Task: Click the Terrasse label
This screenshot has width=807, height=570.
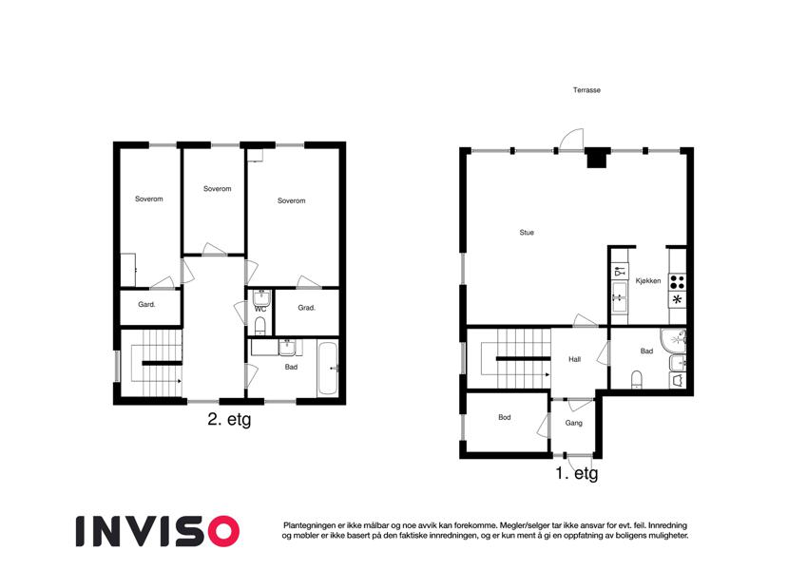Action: point(586,90)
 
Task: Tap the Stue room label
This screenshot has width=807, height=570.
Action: point(527,233)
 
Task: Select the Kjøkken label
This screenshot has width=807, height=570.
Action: point(648,281)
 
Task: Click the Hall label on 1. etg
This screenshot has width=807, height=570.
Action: point(575,359)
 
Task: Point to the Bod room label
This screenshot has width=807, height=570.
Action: point(505,417)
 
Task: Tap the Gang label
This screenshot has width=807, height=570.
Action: point(574,423)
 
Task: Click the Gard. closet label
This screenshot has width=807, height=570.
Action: point(146,305)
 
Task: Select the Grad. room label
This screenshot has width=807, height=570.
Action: point(307,308)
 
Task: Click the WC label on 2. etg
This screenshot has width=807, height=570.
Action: point(260,309)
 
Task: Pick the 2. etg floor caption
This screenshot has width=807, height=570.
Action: point(229,419)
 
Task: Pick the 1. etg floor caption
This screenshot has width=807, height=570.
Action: point(577,473)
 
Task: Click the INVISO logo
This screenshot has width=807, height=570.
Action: point(158,531)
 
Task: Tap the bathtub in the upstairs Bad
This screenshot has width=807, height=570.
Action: point(327,368)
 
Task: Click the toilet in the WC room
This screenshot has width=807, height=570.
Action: point(260,326)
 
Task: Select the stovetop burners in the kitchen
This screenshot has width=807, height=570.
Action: point(678,281)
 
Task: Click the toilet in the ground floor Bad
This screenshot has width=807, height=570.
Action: point(637,379)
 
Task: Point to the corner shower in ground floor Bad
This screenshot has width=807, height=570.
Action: point(674,339)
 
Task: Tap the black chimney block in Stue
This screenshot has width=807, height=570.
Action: point(597,157)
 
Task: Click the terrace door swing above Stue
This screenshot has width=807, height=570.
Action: point(571,140)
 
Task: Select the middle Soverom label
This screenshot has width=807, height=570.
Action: point(217,189)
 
